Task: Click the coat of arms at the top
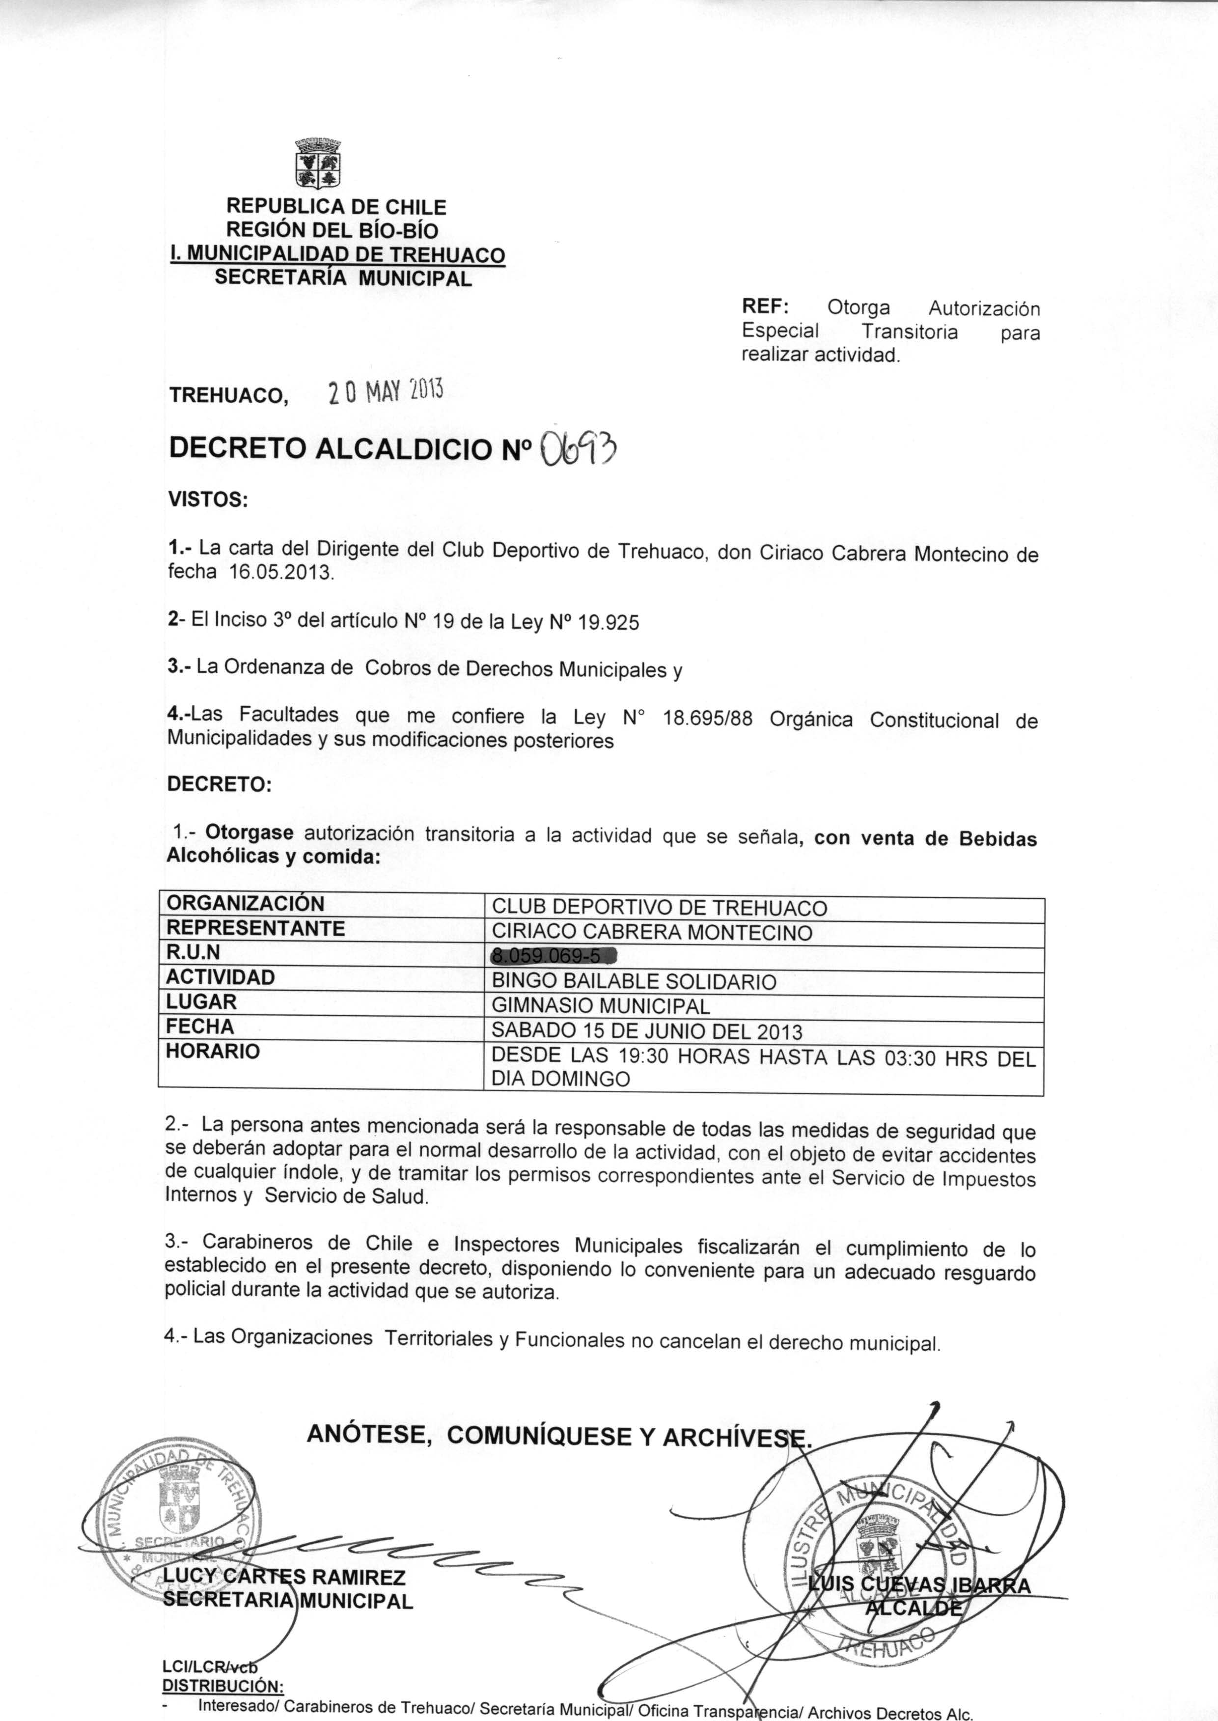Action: (318, 164)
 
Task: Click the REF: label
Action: (764, 306)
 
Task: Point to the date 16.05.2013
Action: (280, 573)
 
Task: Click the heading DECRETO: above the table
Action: (218, 784)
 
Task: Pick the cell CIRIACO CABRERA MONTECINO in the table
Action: (652, 933)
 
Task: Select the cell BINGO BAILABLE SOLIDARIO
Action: (634, 982)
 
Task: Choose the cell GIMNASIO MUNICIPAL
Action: (601, 1005)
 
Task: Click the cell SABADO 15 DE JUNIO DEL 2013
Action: (646, 1031)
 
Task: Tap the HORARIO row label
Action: (212, 1052)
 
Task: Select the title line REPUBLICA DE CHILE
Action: (336, 206)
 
